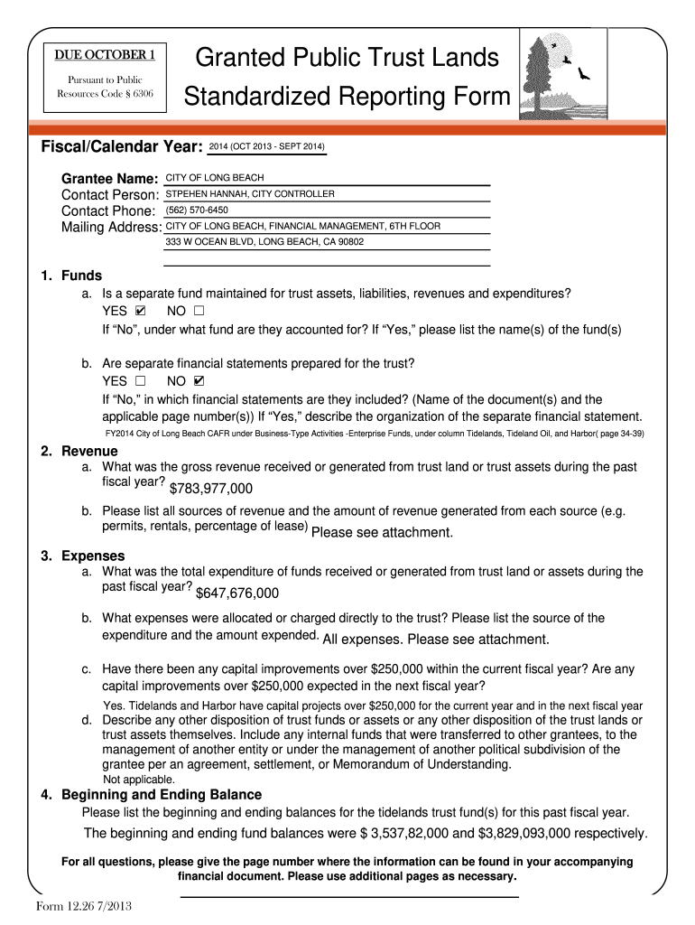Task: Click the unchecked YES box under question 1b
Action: (x=140, y=381)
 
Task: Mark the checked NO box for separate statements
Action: (x=199, y=381)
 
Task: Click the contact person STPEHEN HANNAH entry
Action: (x=250, y=194)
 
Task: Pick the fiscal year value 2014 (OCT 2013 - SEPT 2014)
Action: (x=266, y=146)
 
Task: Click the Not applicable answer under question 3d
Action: (x=139, y=779)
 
